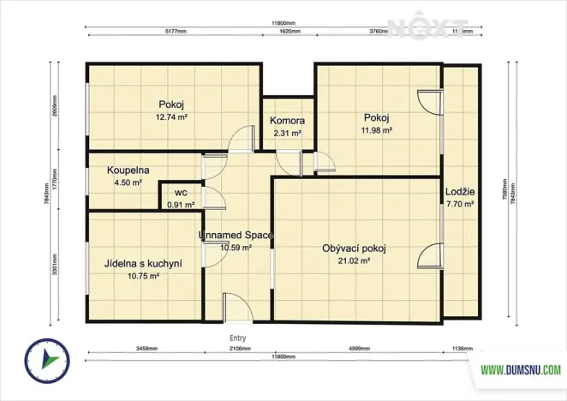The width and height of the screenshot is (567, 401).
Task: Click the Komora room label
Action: [287, 122]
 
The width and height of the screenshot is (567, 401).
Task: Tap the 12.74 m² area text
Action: [171, 117]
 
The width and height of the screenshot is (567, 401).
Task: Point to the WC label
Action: [181, 193]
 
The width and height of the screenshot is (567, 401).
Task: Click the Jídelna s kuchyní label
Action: [143, 264]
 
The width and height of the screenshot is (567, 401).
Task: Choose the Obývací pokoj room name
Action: [354, 248]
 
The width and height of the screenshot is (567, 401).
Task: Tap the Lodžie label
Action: [460, 192]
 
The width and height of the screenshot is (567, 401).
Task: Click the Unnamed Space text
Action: [236, 234]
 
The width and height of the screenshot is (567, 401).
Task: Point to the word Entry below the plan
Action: [238, 338]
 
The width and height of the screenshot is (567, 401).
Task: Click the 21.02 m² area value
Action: [354, 261]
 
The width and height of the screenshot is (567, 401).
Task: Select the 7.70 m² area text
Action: [460, 205]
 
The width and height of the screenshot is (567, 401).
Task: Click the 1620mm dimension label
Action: [290, 32]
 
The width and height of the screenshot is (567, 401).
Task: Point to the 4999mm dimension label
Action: [359, 350]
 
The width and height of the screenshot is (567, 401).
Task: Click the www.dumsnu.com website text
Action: [520, 370]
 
